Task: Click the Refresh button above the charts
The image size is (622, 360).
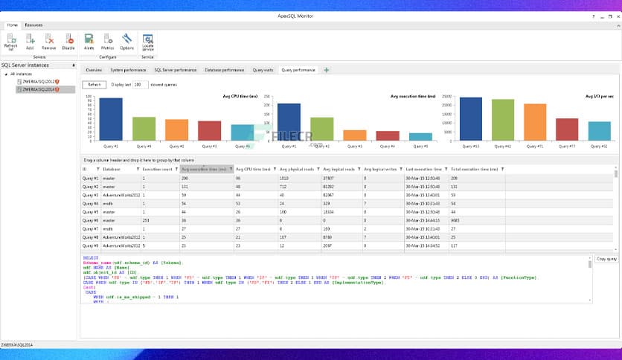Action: point(94,85)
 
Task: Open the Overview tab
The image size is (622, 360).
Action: point(94,70)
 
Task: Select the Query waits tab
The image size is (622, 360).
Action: point(263,70)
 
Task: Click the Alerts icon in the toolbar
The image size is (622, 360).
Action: point(89,40)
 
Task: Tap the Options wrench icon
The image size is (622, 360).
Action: point(126,40)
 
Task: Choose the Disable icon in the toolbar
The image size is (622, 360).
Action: point(68,40)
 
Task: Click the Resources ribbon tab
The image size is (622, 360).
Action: point(33,25)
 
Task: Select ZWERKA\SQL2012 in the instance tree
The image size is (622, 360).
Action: point(42,82)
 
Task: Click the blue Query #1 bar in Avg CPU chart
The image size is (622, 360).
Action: point(111,119)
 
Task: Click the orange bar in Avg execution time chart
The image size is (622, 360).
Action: point(354,135)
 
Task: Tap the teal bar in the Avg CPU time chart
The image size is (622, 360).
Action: point(242,132)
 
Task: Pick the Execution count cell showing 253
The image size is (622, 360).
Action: point(147,220)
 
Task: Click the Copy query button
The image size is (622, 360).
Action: point(606,259)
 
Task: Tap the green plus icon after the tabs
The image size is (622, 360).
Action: point(326,70)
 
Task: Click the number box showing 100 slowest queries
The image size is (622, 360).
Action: point(140,85)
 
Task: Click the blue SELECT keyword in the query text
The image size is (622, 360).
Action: point(91,258)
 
